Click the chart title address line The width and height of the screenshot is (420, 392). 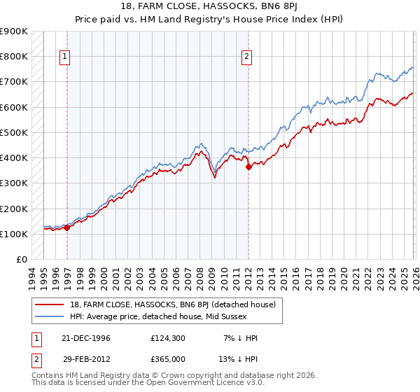210,7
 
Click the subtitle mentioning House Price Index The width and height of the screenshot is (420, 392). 210,19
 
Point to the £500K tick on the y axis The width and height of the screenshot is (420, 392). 14,132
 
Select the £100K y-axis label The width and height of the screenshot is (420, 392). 14,234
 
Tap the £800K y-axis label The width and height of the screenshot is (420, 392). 14,56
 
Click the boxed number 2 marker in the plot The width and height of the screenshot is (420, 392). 247,57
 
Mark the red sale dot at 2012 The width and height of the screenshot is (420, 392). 248,167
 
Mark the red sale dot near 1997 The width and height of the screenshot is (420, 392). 66,227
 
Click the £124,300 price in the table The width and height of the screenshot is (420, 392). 169,338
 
